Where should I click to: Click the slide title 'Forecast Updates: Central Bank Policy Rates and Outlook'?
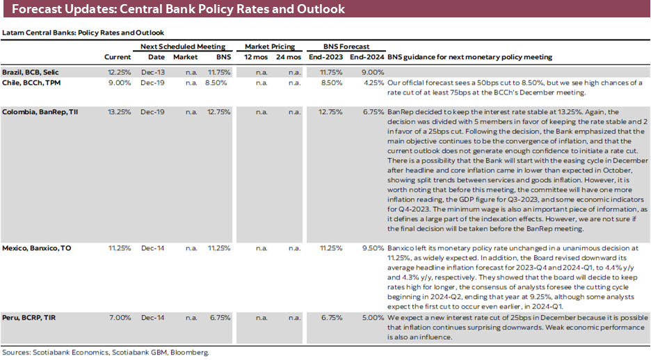coord(178,10)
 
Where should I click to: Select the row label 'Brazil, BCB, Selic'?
coord(33,72)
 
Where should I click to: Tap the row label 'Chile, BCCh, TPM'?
coord(33,83)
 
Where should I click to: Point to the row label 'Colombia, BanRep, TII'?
coord(38,111)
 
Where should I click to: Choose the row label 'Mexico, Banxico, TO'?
coord(36,247)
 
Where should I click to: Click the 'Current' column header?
coord(118,57)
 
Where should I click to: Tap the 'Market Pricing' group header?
coord(270,47)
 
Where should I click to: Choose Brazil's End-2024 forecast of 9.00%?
coord(373,72)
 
